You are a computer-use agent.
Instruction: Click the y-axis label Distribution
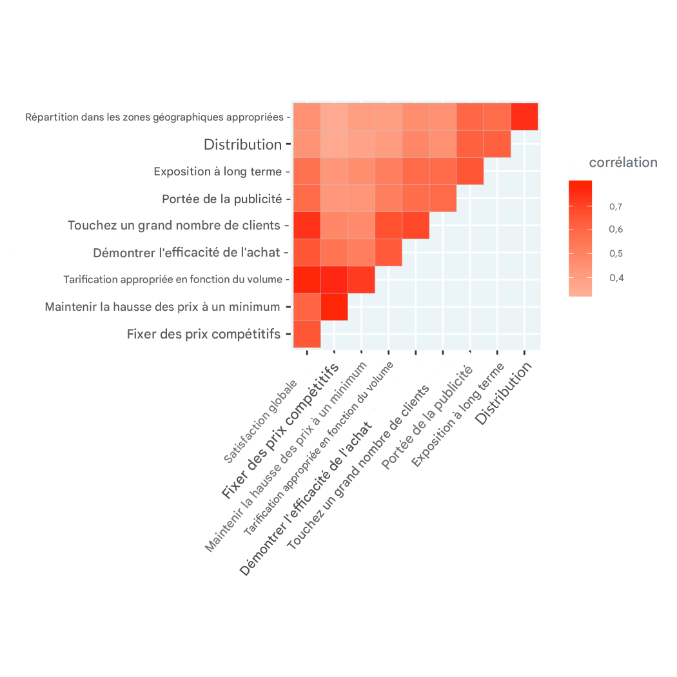[242, 144]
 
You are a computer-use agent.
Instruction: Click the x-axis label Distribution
[505, 393]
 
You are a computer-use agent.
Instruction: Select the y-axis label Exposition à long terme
[218, 172]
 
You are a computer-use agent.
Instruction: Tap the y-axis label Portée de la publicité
[222, 199]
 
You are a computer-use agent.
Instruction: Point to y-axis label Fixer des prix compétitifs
[204, 334]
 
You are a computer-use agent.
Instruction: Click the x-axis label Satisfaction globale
[260, 422]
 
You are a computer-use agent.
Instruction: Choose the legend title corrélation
[623, 162]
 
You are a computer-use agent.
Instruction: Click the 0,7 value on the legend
[616, 206]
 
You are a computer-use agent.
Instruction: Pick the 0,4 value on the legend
[616, 278]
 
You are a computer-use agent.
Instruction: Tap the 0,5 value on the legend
[616, 253]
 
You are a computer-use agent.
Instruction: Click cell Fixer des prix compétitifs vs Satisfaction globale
[307, 334]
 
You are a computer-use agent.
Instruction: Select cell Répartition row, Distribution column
[524, 117]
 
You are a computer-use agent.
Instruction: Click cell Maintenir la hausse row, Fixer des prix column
[334, 307]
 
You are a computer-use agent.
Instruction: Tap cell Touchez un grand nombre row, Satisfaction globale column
[307, 226]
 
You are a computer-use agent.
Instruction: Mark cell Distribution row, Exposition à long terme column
[497, 144]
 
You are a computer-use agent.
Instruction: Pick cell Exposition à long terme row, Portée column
[470, 171]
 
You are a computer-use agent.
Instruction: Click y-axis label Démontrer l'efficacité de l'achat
[187, 253]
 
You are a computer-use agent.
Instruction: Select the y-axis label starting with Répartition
[155, 117]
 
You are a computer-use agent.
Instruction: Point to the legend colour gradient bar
[580, 238]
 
